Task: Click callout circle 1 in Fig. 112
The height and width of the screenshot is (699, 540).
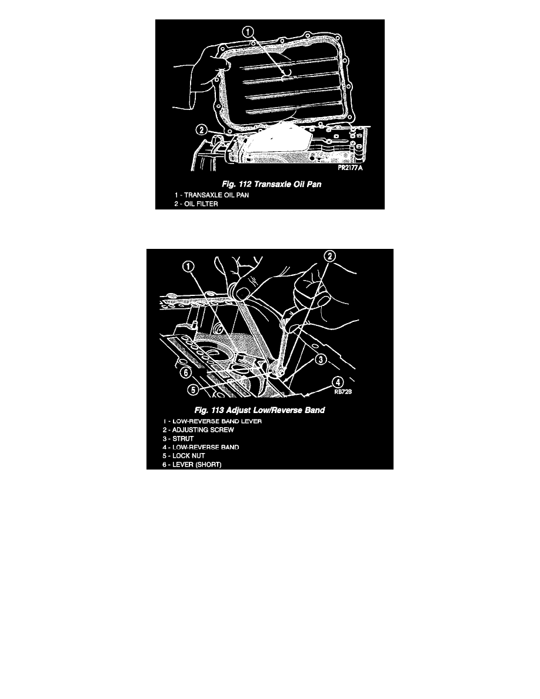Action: click(x=248, y=32)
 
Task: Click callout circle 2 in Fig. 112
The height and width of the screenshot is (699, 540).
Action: click(x=202, y=129)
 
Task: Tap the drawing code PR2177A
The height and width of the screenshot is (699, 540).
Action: click(x=350, y=168)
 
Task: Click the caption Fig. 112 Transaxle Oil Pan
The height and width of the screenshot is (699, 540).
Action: click(x=272, y=184)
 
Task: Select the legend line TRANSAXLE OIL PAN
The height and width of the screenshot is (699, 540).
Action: click(x=212, y=195)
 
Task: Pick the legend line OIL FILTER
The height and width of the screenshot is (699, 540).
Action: click(x=196, y=204)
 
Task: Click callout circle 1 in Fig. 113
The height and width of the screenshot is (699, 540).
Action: click(x=188, y=267)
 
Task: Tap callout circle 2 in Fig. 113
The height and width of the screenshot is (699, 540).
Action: click(x=329, y=256)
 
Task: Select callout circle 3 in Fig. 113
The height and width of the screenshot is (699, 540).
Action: click(x=321, y=360)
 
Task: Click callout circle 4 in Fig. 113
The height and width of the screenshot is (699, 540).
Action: click(x=339, y=382)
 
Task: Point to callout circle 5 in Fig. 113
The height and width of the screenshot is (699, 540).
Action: click(x=192, y=389)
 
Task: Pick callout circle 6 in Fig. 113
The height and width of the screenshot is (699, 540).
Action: click(x=186, y=372)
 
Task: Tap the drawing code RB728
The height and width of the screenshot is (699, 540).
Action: click(x=343, y=392)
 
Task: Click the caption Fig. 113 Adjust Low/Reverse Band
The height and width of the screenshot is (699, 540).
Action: click(x=260, y=410)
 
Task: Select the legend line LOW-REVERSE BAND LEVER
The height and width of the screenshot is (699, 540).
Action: click(x=212, y=421)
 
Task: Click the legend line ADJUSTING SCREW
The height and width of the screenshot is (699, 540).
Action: click(x=198, y=430)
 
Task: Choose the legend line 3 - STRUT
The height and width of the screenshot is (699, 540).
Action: click(x=178, y=439)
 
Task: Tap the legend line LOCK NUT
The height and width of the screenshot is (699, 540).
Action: click(x=184, y=455)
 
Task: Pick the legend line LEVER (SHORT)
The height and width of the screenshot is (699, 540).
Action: click(x=192, y=464)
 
